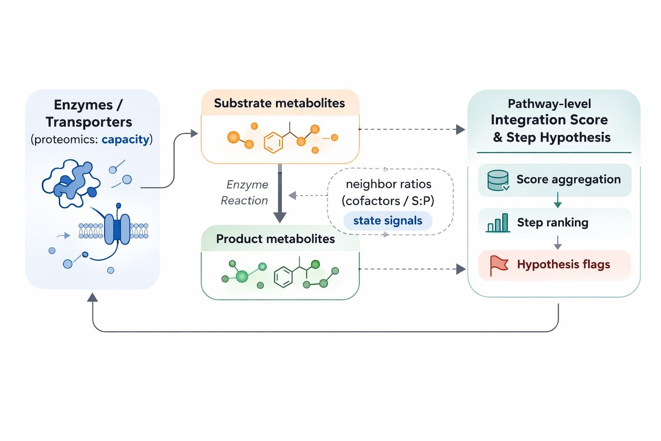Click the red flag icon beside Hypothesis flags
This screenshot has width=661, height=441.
(x=499, y=265)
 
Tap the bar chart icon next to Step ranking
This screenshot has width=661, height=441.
(x=498, y=223)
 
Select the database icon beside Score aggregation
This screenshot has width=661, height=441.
(x=498, y=180)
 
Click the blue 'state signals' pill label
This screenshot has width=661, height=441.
(x=388, y=221)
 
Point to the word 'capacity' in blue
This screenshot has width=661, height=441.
(x=125, y=140)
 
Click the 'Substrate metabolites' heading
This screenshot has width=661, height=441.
(x=279, y=103)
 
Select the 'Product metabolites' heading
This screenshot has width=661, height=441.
(x=275, y=239)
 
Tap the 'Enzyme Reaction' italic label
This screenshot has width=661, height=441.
(x=244, y=193)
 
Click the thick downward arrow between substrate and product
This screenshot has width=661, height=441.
(x=280, y=194)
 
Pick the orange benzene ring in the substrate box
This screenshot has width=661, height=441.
(x=273, y=143)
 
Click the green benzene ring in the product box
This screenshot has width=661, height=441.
(x=283, y=277)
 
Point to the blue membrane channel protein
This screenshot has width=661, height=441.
(x=117, y=230)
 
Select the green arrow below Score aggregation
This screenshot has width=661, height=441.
(x=558, y=201)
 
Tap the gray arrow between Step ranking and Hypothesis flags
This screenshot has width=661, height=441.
(x=558, y=243)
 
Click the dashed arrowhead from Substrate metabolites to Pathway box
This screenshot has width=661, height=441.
(x=460, y=129)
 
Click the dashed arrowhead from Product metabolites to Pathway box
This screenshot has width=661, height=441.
(x=460, y=270)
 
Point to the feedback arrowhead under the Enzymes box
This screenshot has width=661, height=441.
(x=93, y=297)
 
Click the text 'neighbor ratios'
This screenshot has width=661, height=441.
(x=389, y=184)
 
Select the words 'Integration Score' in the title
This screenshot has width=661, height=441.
(x=549, y=120)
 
